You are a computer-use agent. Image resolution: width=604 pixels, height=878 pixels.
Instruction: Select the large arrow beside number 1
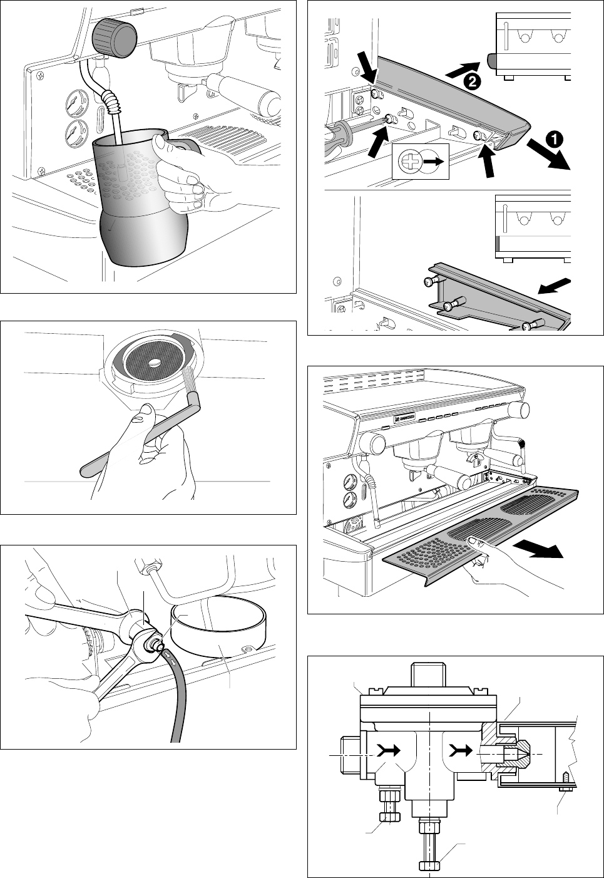point(548,155)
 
